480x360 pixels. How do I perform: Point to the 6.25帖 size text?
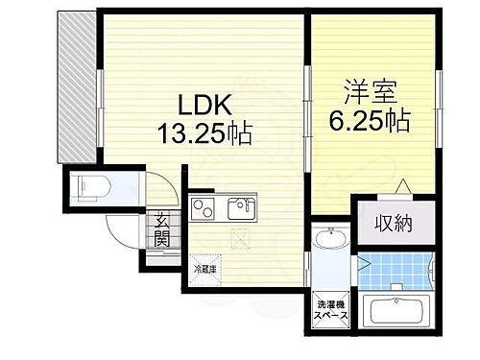click(x=372, y=120)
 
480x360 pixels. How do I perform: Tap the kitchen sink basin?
click(x=240, y=206)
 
